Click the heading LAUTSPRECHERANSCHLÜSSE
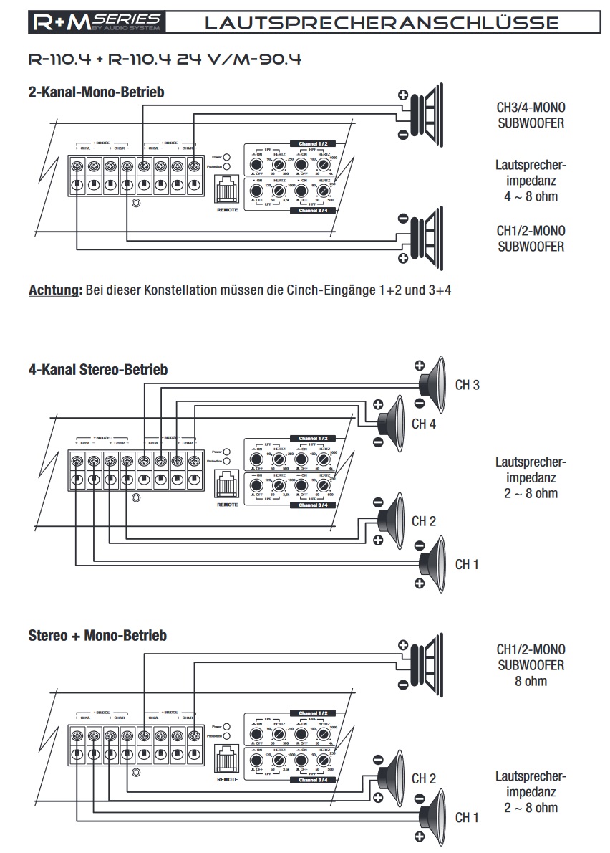pyautogui.click(x=381, y=23)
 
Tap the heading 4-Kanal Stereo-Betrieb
pyautogui.click(x=98, y=370)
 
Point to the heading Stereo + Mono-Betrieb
pyautogui.click(x=97, y=635)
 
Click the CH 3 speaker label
pyautogui.click(x=467, y=385)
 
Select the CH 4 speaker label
pyautogui.click(x=424, y=424)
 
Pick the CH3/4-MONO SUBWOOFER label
pyautogui.click(x=530, y=115)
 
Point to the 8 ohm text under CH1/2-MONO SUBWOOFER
pyautogui.click(x=530, y=681)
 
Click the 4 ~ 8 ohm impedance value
pyautogui.click(x=530, y=196)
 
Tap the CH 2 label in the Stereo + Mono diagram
pyautogui.click(x=424, y=778)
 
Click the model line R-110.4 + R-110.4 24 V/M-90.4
pyautogui.click(x=164, y=59)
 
